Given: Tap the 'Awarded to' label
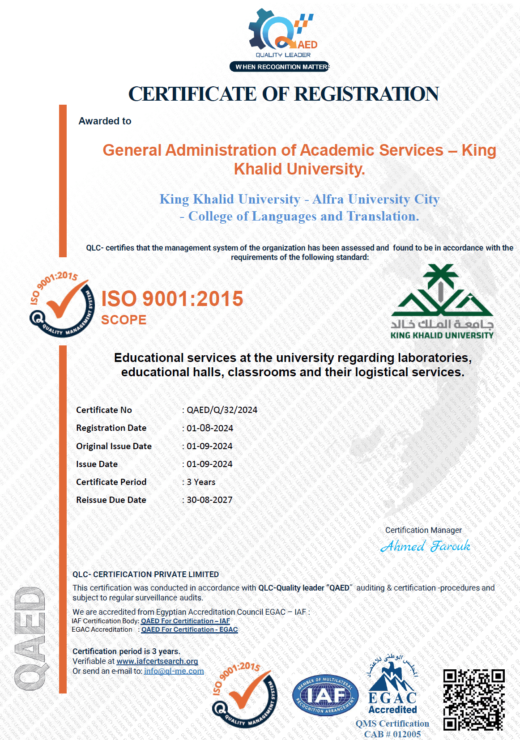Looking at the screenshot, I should [105, 121].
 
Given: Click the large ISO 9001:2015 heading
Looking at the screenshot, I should [172, 298].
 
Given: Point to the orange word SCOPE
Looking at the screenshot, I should [124, 320].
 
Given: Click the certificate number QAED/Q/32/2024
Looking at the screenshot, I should [222, 410].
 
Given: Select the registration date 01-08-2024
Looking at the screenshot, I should [210, 428].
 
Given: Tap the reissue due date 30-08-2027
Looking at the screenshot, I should [209, 500].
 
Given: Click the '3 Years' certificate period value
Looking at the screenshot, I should [201, 482].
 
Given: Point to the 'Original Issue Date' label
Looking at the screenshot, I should [114, 446].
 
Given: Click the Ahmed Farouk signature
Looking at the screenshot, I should [425, 546].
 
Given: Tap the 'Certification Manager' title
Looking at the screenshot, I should [423, 530].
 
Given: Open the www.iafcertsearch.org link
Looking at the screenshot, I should [157, 661].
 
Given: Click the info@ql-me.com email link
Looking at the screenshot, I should [174, 671].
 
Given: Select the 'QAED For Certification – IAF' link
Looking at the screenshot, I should [185, 621].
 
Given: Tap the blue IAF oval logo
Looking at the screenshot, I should [325, 695].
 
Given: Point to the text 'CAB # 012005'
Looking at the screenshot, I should [392, 734].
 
